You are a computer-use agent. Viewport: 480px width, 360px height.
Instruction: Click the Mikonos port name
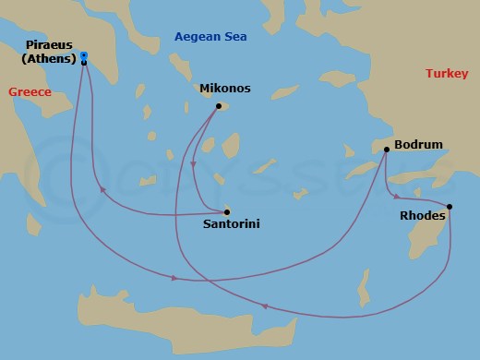pyautogui.click(x=225, y=90)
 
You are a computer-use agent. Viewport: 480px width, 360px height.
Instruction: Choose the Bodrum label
pyautogui.click(x=418, y=145)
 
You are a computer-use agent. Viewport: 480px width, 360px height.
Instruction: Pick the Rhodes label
pyautogui.click(x=422, y=215)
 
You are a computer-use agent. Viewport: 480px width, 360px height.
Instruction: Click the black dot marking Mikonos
pyautogui.click(x=219, y=106)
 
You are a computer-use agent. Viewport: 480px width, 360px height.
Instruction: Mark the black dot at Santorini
pyautogui.click(x=227, y=210)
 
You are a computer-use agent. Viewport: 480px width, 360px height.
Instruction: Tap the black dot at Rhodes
pyautogui.click(x=450, y=207)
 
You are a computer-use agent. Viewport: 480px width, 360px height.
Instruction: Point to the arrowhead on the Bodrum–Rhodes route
pyautogui.click(x=397, y=196)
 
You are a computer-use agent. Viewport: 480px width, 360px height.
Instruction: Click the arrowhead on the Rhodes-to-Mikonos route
pyautogui.click(x=265, y=306)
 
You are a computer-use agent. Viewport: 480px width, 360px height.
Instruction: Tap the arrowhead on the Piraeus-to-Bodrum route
pyautogui.click(x=174, y=279)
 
